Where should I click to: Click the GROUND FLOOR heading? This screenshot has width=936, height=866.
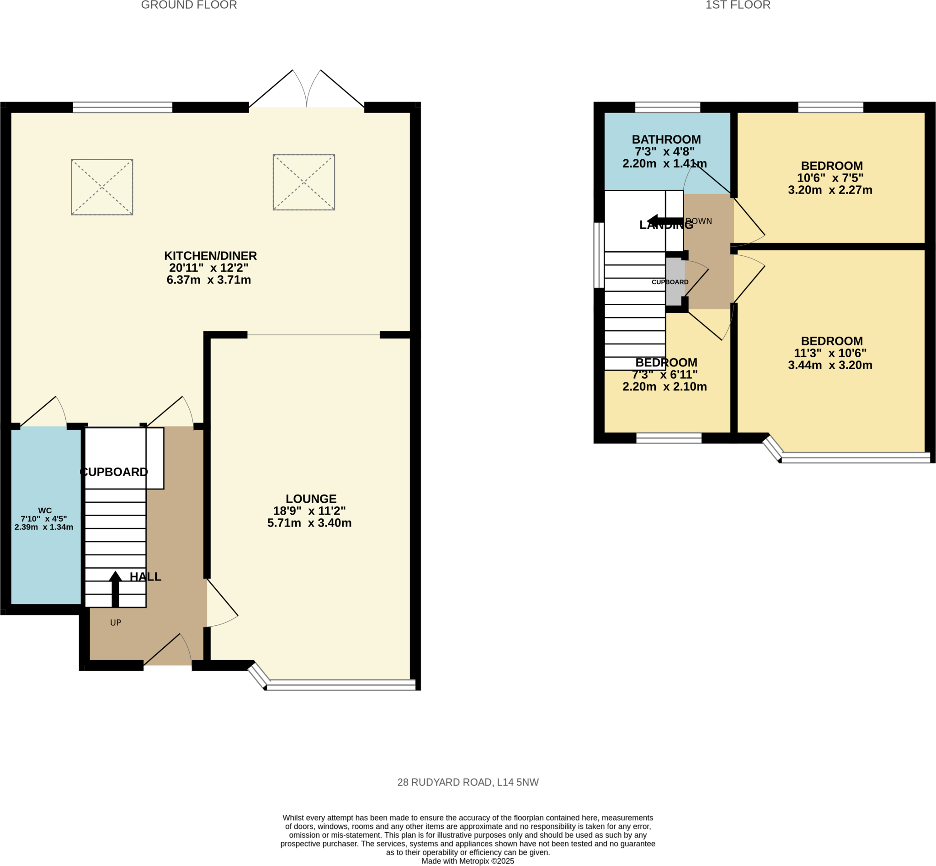pyautogui.click(x=189, y=5)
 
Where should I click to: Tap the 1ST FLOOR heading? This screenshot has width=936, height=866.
pyautogui.click(x=738, y=5)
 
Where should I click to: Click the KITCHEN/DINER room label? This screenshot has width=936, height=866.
pyautogui.click(x=210, y=256)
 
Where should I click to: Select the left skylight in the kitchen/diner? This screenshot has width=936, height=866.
pyautogui.click(x=102, y=187)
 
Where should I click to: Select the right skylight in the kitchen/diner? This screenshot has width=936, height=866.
pyautogui.click(x=304, y=182)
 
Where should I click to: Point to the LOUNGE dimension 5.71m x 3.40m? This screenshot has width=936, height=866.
pyautogui.click(x=309, y=523)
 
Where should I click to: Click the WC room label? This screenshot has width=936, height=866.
pyautogui.click(x=45, y=511)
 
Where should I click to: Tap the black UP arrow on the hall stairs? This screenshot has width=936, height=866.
pyautogui.click(x=115, y=589)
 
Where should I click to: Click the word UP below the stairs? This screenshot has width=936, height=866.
pyautogui.click(x=116, y=623)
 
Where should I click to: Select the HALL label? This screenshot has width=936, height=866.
pyautogui.click(x=146, y=577)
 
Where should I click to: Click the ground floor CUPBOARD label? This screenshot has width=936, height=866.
pyautogui.click(x=114, y=472)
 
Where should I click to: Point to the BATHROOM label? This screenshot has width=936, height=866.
pyautogui.click(x=666, y=140)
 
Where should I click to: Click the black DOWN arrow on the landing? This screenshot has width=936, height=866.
pyautogui.click(x=664, y=221)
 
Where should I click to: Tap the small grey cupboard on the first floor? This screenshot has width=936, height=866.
pyautogui.click(x=675, y=282)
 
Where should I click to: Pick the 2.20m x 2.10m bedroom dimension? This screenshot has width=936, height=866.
pyautogui.click(x=665, y=387)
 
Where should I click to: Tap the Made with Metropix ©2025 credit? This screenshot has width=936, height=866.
pyautogui.click(x=468, y=861)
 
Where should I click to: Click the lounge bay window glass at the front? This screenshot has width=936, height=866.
pyautogui.click(x=341, y=685)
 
